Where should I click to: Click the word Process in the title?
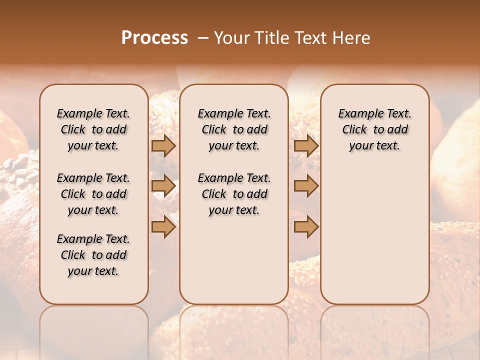(154, 38)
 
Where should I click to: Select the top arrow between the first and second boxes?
(163, 146)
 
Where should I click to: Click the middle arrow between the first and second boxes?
(163, 186)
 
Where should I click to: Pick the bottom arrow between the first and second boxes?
(163, 227)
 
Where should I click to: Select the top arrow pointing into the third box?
(306, 146)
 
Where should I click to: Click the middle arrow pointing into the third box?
(306, 186)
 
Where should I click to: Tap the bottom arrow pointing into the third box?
(306, 227)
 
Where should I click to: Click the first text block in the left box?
(93, 129)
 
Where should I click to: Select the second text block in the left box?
(93, 194)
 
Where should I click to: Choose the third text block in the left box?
(93, 255)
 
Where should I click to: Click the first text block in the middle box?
(234, 129)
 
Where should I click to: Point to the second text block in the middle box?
(234, 194)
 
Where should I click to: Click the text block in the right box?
(375, 129)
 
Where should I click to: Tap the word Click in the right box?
(354, 130)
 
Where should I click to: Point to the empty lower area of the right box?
(375, 230)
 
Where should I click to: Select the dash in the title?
(202, 38)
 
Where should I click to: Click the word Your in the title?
(231, 38)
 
